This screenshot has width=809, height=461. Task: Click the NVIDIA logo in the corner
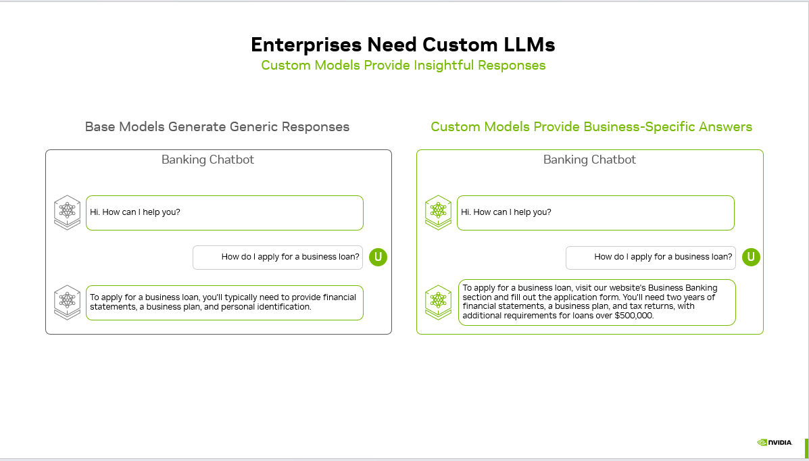point(775,443)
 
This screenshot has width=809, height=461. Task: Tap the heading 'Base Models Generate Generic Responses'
point(217,126)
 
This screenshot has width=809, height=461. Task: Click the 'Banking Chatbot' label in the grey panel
point(207,160)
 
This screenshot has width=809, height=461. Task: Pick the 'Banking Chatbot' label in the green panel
point(589,160)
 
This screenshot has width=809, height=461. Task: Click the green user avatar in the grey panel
point(378,257)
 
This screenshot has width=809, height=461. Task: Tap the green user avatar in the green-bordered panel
point(751,257)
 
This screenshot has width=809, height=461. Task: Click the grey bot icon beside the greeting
point(67,212)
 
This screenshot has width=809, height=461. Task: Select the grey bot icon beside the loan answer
point(67,301)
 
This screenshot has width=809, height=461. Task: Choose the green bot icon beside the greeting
point(439,212)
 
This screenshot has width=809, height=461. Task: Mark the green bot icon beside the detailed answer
point(439,302)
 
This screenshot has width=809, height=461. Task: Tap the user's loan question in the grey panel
point(291,257)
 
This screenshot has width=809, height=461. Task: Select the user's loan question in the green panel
point(663,257)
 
